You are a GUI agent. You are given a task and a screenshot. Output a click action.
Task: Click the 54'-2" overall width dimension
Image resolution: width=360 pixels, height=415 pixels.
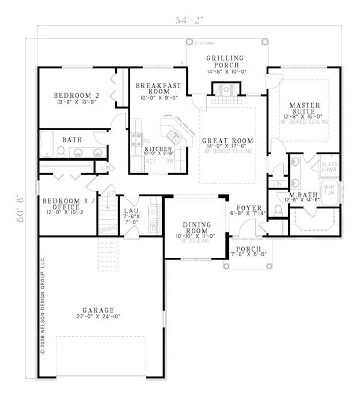(190, 20)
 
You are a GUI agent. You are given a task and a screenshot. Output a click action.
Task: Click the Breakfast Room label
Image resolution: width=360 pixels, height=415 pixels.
(158, 89)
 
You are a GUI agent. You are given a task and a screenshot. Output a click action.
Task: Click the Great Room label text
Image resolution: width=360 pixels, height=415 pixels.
(227, 140)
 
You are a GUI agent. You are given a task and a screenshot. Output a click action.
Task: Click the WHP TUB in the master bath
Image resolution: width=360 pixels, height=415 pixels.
(329, 190)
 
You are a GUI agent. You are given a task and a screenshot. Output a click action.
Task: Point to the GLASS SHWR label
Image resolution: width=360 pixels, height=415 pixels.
(329, 166)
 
